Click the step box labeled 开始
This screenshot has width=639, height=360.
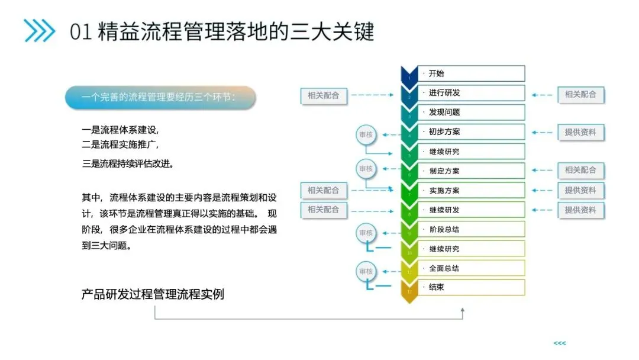point(471,73)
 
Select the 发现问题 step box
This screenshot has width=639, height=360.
point(471,112)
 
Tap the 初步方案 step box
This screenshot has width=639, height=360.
point(471,132)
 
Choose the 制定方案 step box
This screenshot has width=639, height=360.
point(471,171)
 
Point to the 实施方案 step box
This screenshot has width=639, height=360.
point(471,191)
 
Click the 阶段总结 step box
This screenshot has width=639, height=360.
point(471,229)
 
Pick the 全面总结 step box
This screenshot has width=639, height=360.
point(471,268)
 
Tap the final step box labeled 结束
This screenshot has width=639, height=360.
point(471,288)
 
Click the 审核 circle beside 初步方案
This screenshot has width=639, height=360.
point(366,134)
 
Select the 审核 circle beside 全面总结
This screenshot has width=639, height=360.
point(366,272)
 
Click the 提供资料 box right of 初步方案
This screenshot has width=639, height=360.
point(580,132)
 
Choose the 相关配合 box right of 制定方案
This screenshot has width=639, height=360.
point(580,171)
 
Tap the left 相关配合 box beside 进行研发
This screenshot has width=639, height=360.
point(324,95)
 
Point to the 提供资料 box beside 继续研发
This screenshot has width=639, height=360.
point(580,210)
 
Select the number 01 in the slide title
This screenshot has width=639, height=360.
point(80,32)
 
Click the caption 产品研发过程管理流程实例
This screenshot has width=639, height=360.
point(153,294)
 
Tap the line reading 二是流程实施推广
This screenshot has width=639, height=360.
point(120,144)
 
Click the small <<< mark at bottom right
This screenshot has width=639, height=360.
point(559,343)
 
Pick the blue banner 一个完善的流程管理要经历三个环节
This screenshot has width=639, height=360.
point(160,98)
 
